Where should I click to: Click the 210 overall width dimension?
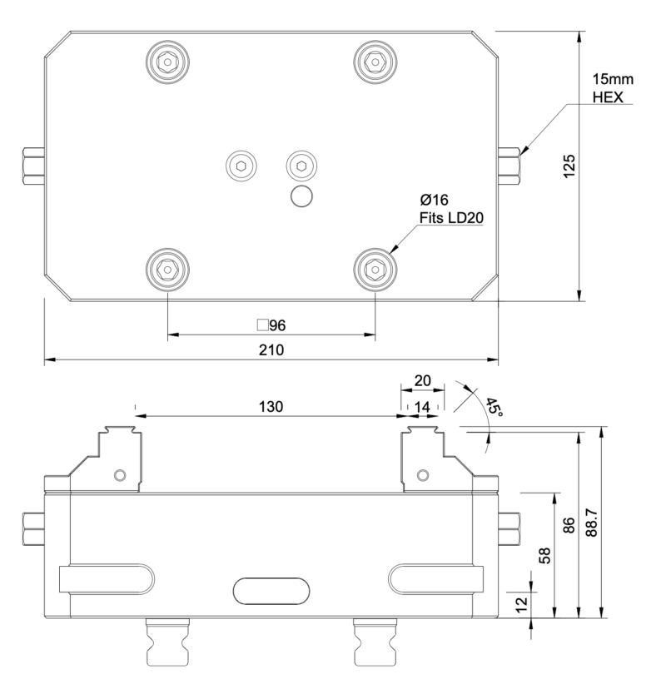pos(271,350)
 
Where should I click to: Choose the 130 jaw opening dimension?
pos(271,407)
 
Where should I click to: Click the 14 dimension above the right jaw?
pos(422,407)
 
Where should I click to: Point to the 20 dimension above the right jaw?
pos(422,380)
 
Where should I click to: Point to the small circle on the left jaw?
pos(121,474)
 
